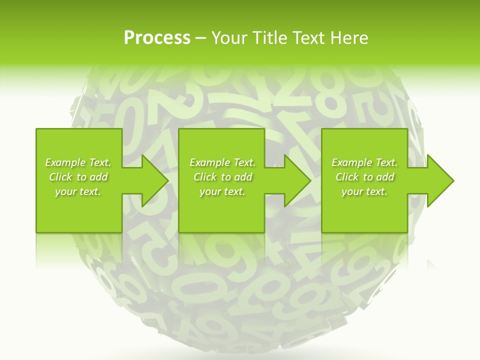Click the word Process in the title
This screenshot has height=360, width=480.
[157, 38]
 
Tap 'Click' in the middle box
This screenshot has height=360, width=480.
[204, 177]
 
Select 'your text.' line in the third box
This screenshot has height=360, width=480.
[364, 191]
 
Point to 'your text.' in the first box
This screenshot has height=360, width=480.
[78, 191]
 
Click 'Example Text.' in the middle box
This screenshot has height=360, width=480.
[222, 162]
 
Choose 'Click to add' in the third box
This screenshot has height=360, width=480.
[365, 177]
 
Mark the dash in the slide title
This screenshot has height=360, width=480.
[200, 38]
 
